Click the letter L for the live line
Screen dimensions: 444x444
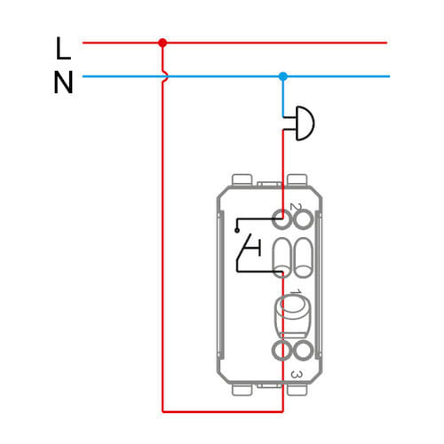63,49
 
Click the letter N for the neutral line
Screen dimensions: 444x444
63,83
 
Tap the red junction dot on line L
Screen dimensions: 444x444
163,43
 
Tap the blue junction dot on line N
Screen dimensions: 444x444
283,76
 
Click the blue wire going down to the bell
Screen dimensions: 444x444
283,97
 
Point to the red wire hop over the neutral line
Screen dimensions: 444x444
164,76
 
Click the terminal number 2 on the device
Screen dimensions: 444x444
295,207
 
